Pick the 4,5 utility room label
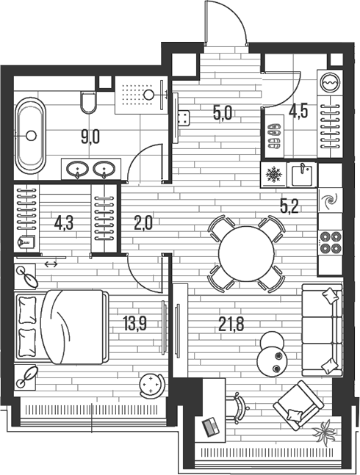pos(298,113)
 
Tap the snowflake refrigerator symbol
pos(273,175)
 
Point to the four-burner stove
pos(329,242)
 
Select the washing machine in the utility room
pos(328,83)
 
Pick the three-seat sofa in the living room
pos(324,329)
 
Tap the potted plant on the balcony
pos(324,432)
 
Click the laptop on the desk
pos(209,425)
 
